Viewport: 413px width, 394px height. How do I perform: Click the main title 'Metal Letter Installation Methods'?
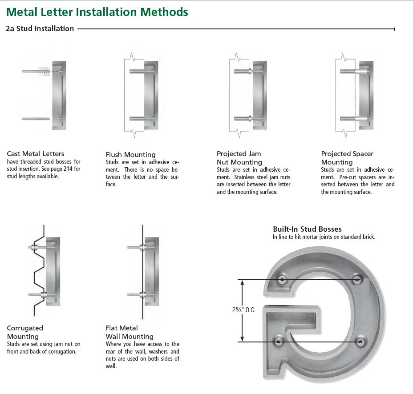[97, 12]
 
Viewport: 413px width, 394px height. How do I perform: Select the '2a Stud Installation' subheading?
[40, 29]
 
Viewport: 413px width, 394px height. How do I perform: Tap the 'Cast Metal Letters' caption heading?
[36, 154]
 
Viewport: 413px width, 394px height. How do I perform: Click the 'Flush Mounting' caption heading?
[130, 155]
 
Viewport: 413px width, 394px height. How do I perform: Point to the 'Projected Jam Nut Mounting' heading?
[239, 158]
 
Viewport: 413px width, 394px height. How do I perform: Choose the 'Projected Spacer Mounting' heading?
[347, 158]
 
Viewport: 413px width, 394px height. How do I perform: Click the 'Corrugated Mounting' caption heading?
[25, 332]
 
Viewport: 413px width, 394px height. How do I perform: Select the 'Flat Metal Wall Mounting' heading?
[129, 332]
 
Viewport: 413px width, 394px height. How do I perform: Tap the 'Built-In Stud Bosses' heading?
[307, 229]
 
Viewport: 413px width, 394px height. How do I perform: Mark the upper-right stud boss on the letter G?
[357, 279]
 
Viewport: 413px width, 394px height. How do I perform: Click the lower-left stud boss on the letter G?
[279, 342]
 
